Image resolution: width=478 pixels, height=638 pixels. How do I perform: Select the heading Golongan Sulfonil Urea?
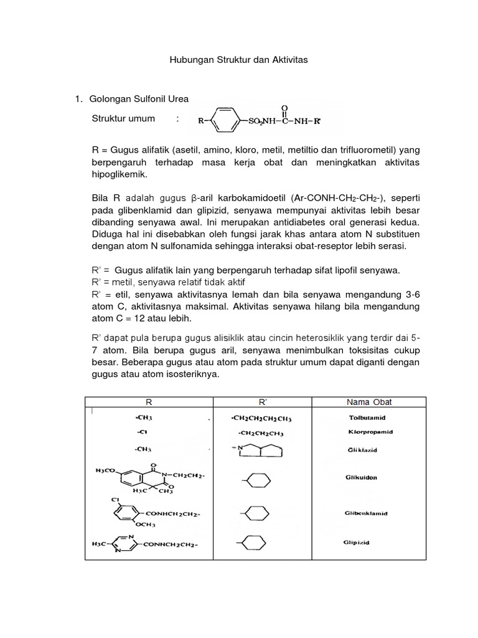coord(139,98)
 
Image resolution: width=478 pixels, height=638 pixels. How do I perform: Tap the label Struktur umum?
coord(123,118)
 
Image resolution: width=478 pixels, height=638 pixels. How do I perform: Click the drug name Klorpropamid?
coord(370,432)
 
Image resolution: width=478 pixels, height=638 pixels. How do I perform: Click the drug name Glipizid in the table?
coord(356,543)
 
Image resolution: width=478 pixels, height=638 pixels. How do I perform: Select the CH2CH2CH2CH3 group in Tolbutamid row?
coord(261,418)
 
